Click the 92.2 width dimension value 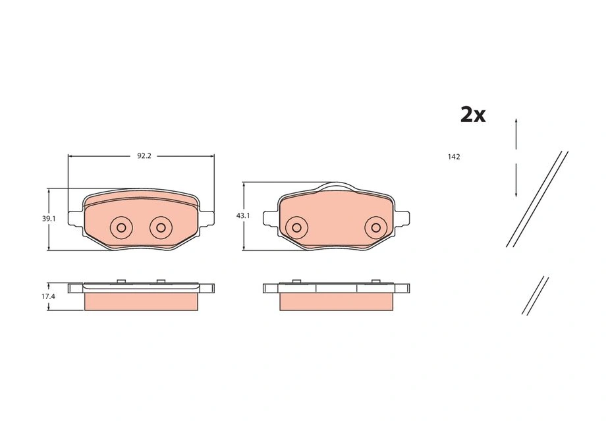(x=144, y=156)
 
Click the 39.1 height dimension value (x=49, y=219)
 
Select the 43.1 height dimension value (x=243, y=215)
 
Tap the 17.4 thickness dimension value (x=49, y=296)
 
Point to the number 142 (x=454, y=157)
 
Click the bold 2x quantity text (x=473, y=115)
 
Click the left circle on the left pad (x=121, y=227)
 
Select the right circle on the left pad (x=161, y=227)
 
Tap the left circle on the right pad (x=296, y=227)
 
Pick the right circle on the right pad (x=375, y=227)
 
